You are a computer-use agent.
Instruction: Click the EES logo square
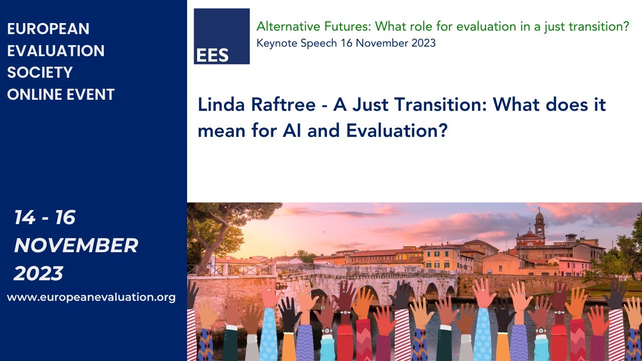coord(222,36)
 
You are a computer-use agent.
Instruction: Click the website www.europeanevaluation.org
coord(91,297)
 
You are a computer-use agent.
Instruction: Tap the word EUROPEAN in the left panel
coord(48,29)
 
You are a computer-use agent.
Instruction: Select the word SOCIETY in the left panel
coord(40,72)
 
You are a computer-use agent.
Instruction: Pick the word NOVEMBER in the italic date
coord(76,246)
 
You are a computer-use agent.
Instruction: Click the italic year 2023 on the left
coord(38,274)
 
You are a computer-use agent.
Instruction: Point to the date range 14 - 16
coord(45,218)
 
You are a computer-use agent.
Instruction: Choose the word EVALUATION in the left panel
coord(56,51)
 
